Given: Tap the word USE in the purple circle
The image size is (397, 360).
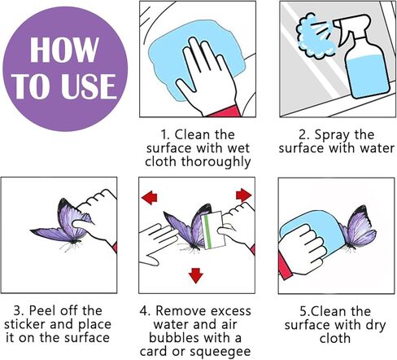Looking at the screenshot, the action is (89, 86).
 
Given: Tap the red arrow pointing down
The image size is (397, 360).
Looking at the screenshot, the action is (196, 276).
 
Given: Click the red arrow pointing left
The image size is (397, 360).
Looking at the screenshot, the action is (150, 197).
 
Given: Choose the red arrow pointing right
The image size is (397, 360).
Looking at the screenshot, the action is (243, 195).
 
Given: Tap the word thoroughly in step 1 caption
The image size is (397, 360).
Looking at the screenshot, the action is (216, 162).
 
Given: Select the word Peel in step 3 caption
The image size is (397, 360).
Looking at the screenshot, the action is (43, 310).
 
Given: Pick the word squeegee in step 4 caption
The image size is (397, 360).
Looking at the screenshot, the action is (220, 352).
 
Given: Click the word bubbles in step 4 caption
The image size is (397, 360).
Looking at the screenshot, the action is (174, 338).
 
